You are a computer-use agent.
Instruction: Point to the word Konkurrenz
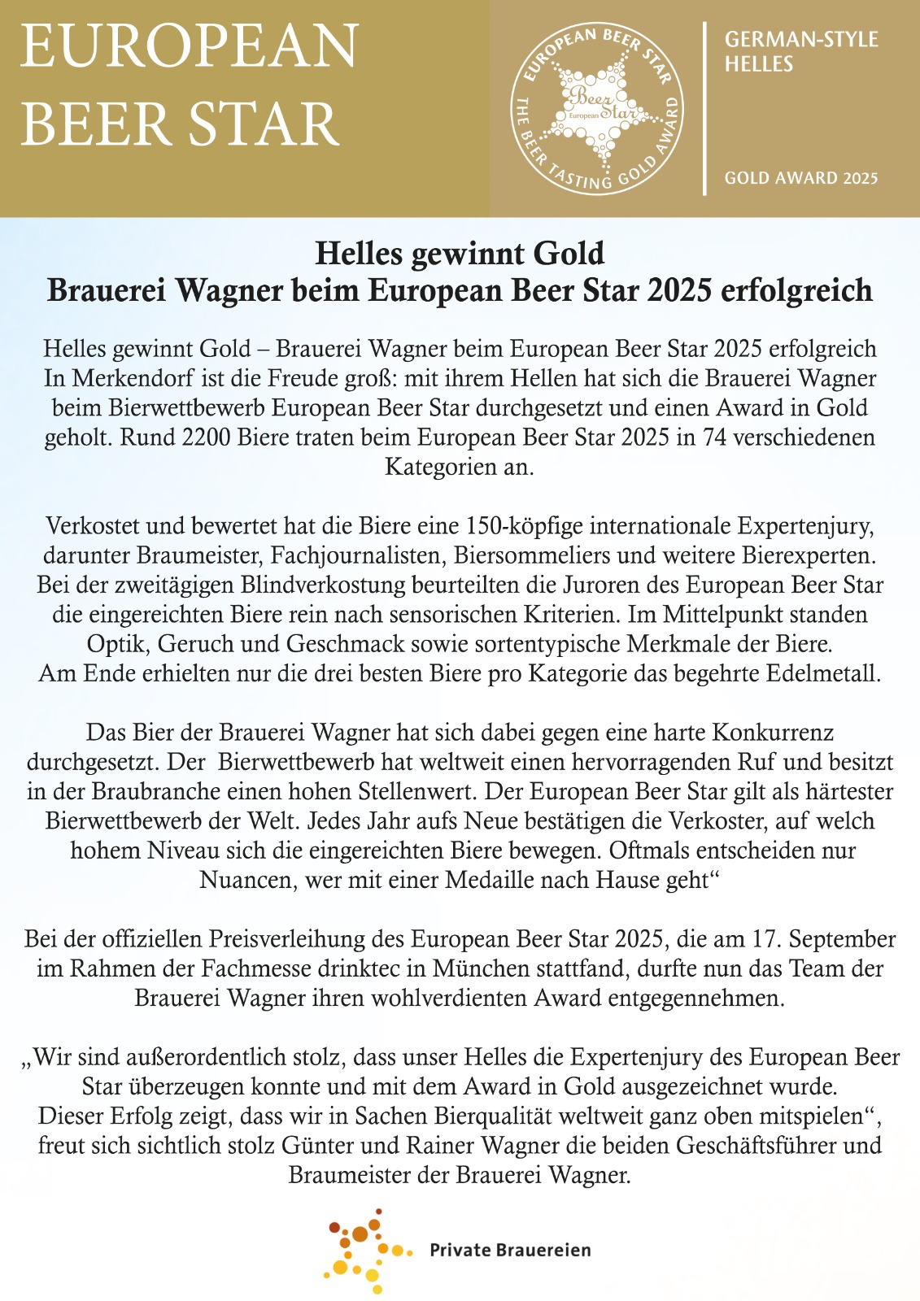[773, 732]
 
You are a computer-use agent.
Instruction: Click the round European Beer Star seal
[596, 108]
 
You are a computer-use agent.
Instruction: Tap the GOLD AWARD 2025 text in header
[801, 178]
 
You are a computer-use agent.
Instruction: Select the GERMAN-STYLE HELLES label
[800, 51]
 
